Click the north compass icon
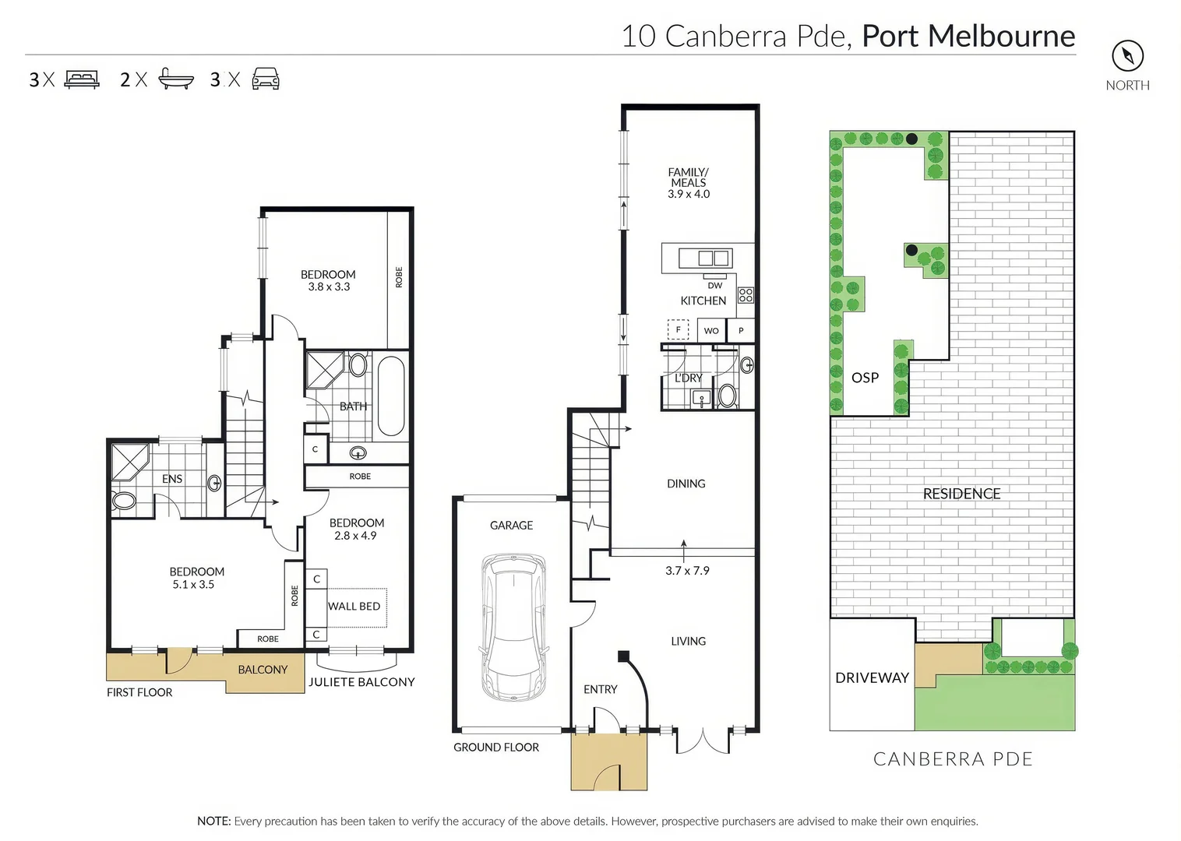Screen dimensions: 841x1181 click(1127, 55)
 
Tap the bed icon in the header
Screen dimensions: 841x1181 click(82, 79)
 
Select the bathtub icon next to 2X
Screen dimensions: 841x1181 click(175, 79)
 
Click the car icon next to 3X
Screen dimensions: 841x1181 click(266, 79)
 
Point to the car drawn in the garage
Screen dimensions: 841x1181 click(513, 627)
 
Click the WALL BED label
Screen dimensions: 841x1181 click(354, 606)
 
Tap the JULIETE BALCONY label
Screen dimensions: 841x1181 click(361, 682)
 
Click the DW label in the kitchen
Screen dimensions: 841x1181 click(715, 286)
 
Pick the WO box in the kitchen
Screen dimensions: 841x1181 click(711, 331)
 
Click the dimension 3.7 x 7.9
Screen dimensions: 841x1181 click(687, 571)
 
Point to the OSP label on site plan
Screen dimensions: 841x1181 click(865, 378)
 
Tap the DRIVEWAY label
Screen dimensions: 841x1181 click(872, 678)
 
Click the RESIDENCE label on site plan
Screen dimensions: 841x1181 click(961, 494)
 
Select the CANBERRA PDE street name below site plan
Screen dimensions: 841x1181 click(953, 759)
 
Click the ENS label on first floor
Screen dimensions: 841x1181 click(172, 479)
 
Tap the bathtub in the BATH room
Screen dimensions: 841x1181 click(391, 396)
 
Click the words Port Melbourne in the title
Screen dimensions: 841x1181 click(968, 36)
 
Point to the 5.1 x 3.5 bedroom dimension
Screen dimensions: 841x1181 click(193, 584)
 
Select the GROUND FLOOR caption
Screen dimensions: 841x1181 click(496, 748)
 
